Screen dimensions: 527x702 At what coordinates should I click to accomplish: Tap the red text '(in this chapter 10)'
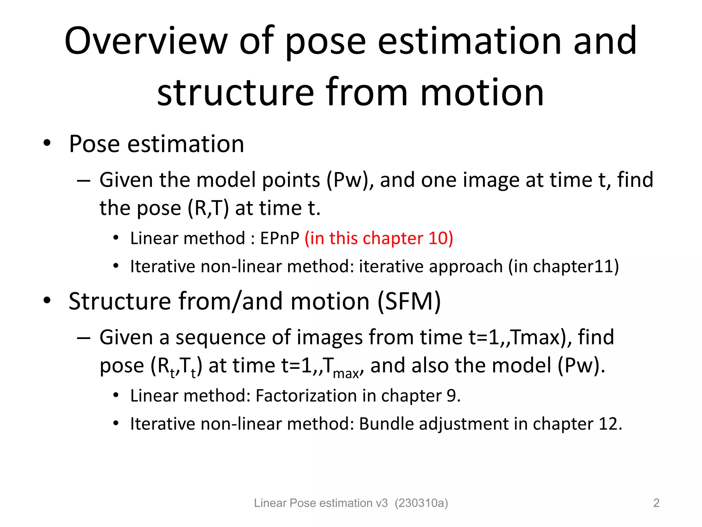[x=379, y=238]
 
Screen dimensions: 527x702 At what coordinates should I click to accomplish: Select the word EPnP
[x=280, y=238]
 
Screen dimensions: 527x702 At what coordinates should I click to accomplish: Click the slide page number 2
[x=656, y=503]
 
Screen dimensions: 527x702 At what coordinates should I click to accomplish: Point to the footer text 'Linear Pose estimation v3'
[x=320, y=503]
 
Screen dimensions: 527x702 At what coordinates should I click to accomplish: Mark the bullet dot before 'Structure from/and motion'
[x=47, y=300]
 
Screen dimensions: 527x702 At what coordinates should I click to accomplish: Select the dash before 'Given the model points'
[x=83, y=180]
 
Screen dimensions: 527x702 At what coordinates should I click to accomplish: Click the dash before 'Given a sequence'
[x=83, y=338]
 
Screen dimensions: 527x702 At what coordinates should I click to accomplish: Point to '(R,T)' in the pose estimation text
[x=208, y=208]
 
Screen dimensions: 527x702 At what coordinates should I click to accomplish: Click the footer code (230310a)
[x=421, y=503]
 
